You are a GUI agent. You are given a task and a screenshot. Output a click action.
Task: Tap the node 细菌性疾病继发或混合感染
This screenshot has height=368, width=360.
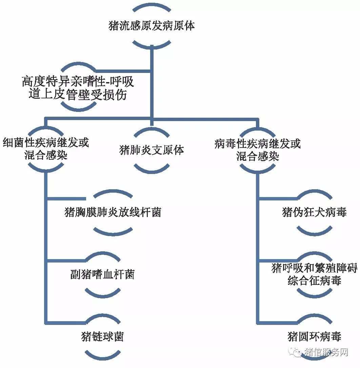46,149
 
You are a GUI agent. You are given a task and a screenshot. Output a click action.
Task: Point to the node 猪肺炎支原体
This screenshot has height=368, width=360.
152,150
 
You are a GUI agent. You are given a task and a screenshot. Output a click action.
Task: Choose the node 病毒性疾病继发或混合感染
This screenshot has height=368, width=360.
257,149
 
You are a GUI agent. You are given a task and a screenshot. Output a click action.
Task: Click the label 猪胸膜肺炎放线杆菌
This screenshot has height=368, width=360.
113,212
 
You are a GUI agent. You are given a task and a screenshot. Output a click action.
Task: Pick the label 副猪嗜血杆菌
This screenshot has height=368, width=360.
102,274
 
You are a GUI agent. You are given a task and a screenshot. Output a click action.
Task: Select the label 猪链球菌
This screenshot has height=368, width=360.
102,336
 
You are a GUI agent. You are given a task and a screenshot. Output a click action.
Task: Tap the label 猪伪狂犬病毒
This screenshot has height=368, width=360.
314,212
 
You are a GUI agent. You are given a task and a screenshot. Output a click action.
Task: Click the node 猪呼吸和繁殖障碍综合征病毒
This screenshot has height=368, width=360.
314,274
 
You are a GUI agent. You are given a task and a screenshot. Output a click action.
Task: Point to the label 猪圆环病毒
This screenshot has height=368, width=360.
314,336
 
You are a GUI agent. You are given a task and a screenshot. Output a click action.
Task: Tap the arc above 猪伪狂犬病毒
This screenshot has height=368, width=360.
314,194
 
